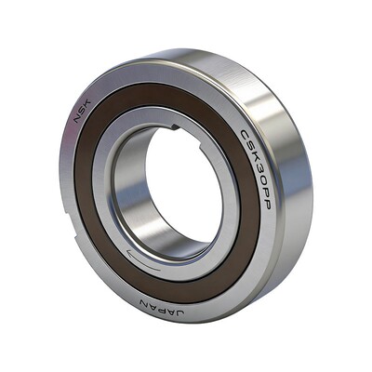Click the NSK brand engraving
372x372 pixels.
click(x=82, y=110)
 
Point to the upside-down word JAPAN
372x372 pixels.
click(x=162, y=308)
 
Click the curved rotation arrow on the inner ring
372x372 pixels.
click(x=143, y=261)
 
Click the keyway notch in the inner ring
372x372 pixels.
click(x=174, y=126)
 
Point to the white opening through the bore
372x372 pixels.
click(x=183, y=186)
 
